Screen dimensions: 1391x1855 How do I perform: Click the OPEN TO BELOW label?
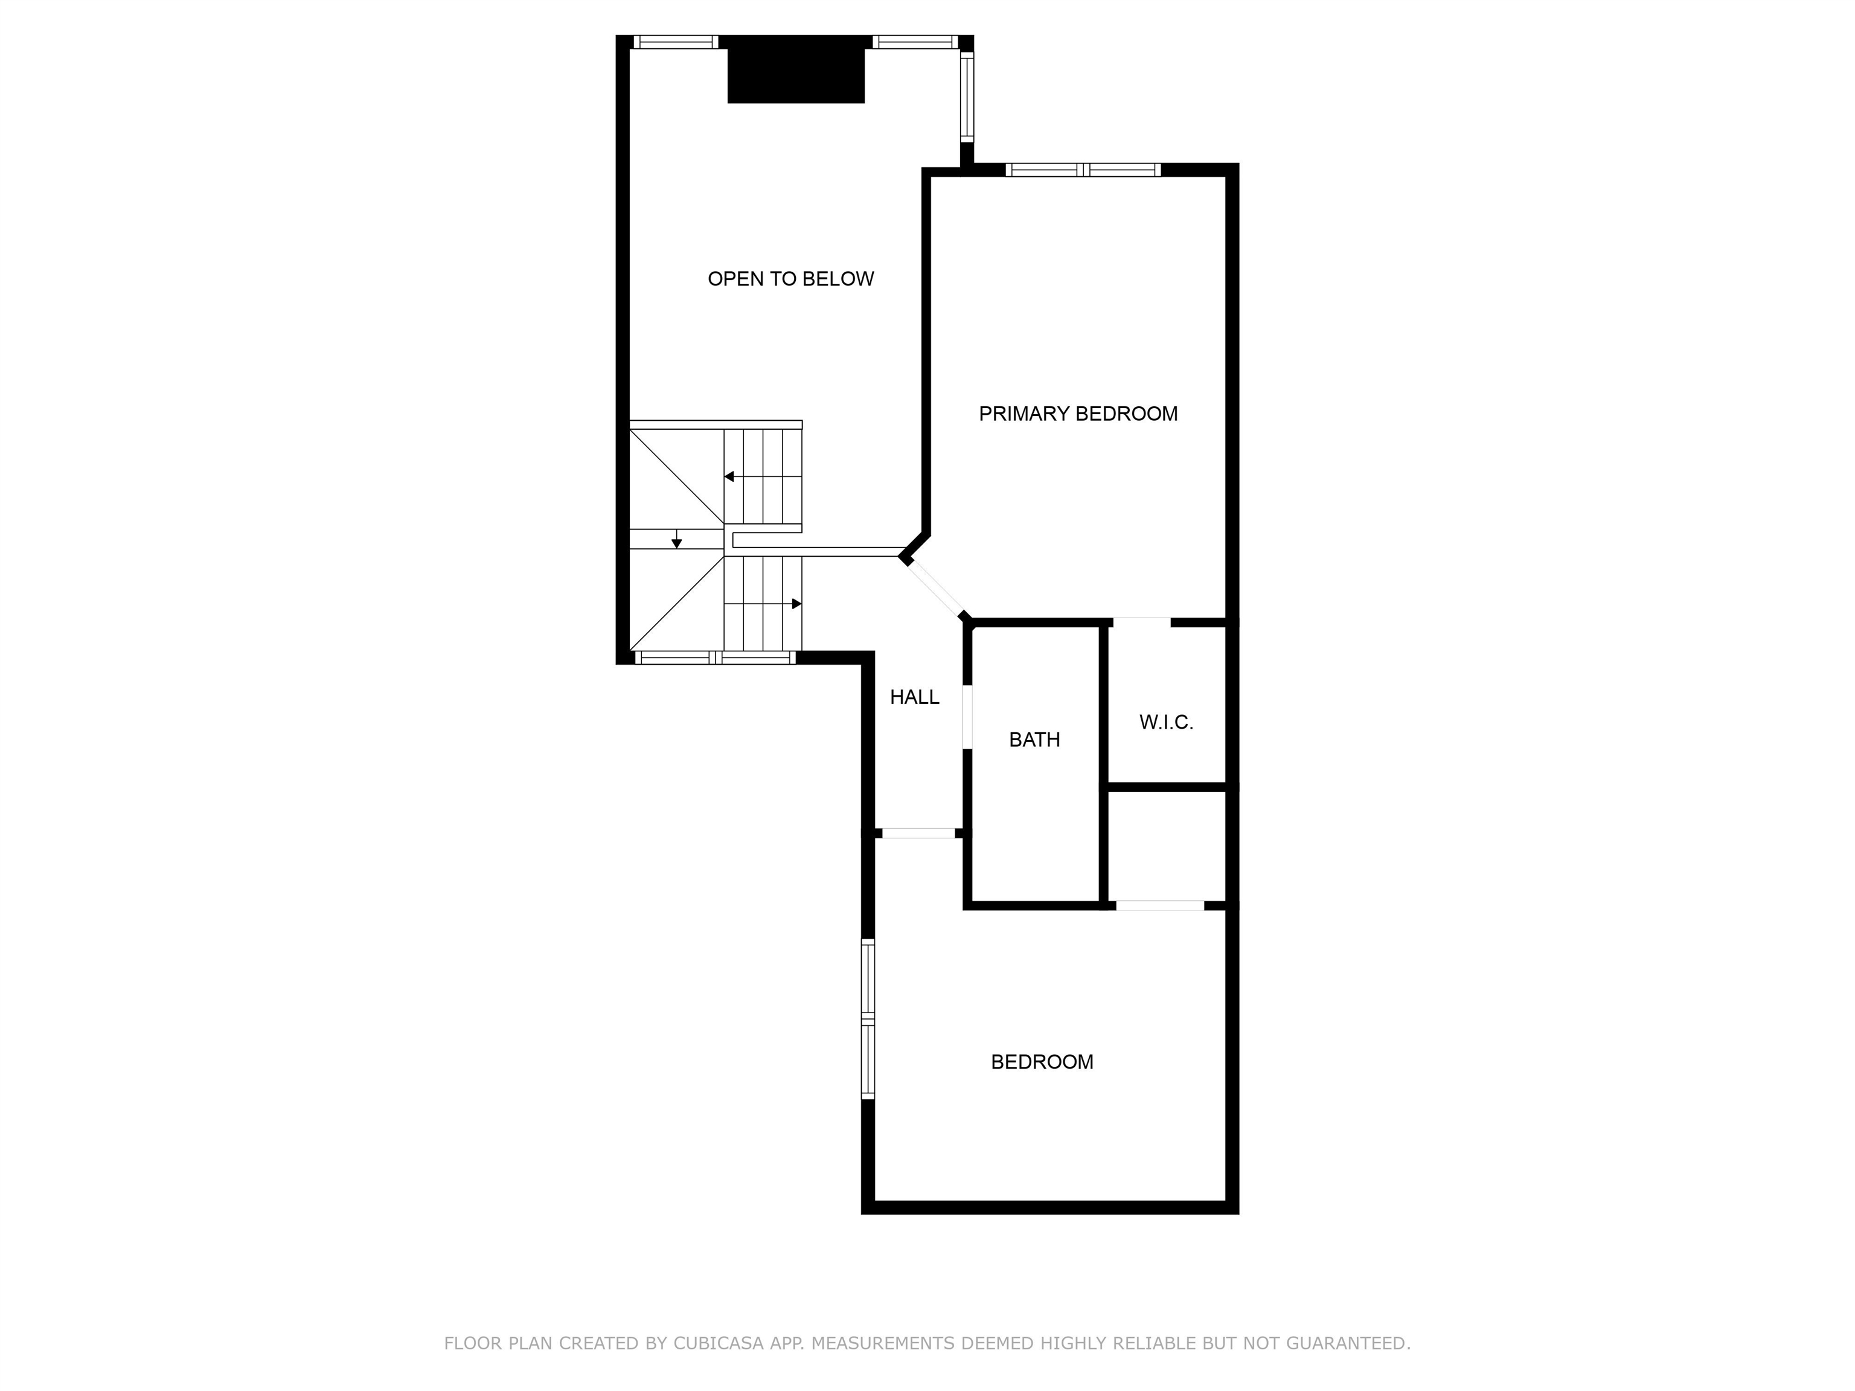(x=791, y=279)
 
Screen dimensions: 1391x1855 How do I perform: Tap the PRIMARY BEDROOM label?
(x=1078, y=414)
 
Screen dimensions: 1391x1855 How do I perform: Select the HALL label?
(x=914, y=697)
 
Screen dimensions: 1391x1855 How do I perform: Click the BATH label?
(x=1034, y=740)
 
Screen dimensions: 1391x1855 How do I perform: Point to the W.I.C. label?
(x=1165, y=722)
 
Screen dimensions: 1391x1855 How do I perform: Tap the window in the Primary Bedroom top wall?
(x=1083, y=170)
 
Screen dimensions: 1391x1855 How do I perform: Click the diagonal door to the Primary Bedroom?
(x=935, y=589)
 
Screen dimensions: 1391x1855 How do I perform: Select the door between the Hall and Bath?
(x=967, y=717)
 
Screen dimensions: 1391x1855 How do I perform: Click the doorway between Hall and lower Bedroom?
(x=918, y=833)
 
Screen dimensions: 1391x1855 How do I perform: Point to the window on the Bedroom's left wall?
(x=868, y=1018)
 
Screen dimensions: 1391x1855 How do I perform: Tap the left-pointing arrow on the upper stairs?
(x=729, y=476)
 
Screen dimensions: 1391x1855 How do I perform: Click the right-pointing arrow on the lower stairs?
(x=796, y=604)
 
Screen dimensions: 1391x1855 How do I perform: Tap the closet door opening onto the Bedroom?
(x=1160, y=906)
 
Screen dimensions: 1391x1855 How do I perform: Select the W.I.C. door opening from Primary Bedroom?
(x=1141, y=622)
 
